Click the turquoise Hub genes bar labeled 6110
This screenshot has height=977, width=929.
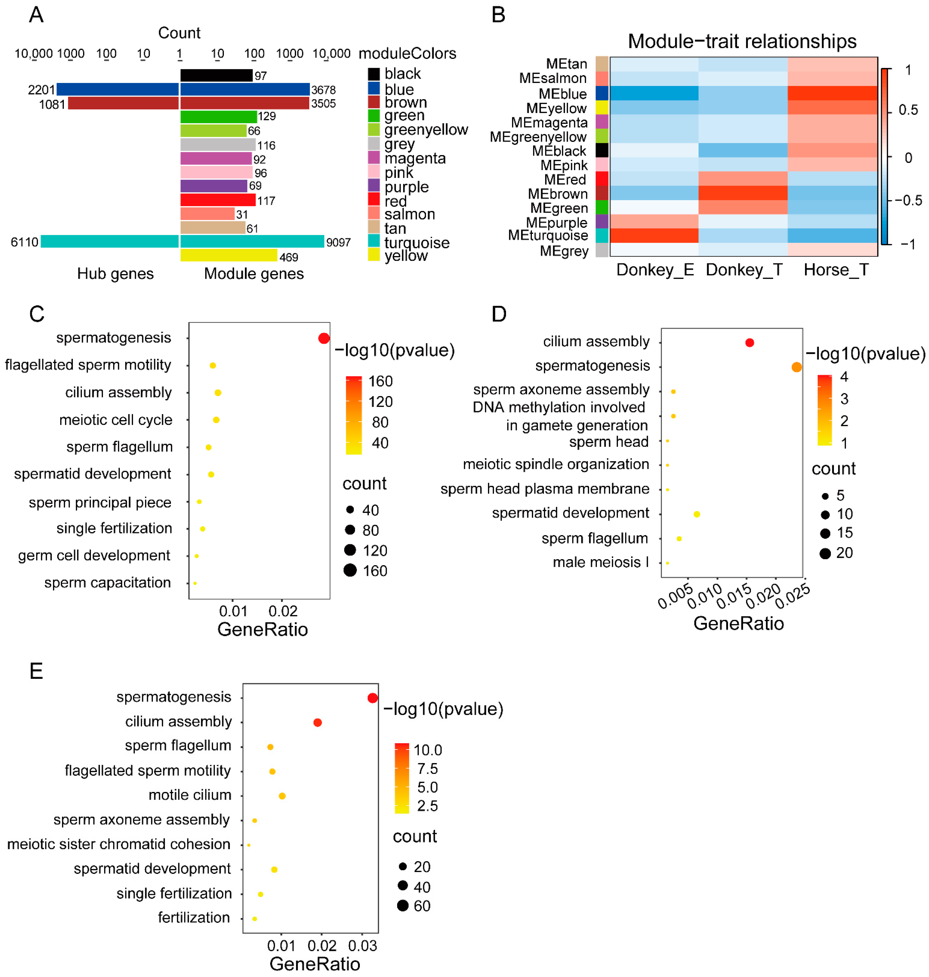pos(109,241)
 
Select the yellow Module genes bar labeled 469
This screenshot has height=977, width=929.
pos(228,255)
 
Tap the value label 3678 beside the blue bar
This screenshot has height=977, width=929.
pos(323,90)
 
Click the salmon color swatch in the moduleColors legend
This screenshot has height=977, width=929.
pos(374,213)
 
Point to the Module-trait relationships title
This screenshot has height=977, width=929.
pos(742,41)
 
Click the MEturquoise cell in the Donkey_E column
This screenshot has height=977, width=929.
pos(654,236)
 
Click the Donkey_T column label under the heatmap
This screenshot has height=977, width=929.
pos(744,270)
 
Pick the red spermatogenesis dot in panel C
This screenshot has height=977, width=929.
pos(324,339)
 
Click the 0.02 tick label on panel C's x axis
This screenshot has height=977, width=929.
pos(283,611)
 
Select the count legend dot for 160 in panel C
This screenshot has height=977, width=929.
pos(350,570)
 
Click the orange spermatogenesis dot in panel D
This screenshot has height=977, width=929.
pos(796,367)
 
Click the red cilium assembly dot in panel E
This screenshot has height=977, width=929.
pos(317,722)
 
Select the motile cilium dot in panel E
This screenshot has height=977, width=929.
pos(282,796)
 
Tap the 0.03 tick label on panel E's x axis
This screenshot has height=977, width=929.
pos(362,946)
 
